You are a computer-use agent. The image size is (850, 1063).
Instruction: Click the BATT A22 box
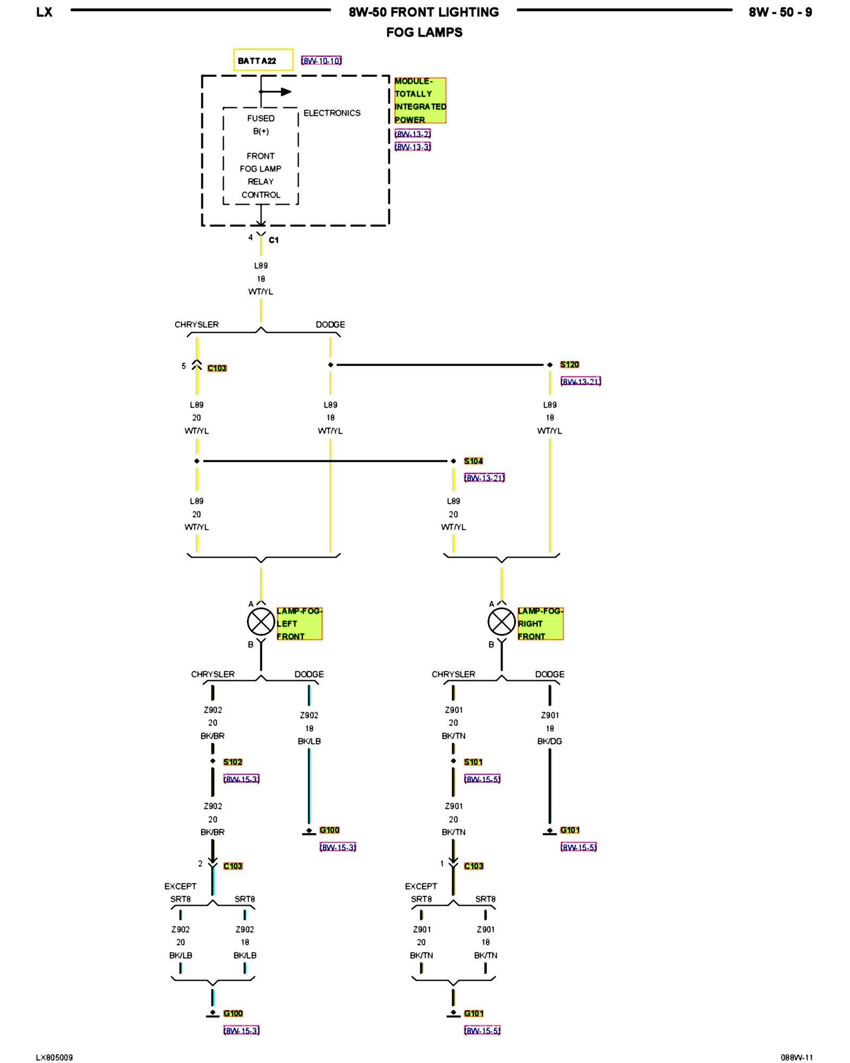point(263,60)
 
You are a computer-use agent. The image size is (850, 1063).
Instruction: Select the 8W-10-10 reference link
point(321,61)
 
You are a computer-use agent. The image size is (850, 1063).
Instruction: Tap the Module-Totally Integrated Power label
point(420,100)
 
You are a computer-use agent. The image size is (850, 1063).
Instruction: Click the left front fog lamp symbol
point(261,622)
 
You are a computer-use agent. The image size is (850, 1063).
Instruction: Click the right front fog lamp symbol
point(501,622)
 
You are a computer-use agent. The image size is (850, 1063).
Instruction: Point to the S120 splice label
point(569,365)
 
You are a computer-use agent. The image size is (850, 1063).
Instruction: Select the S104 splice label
point(473,461)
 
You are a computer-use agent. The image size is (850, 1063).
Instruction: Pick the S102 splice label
point(233,762)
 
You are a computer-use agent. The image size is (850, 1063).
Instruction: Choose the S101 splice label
point(473,762)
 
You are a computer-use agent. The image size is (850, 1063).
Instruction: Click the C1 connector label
point(274,240)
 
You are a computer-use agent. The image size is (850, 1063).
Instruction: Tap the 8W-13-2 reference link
point(413,134)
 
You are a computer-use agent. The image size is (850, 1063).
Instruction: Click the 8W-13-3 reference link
point(413,147)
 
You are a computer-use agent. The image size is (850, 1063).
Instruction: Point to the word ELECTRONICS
point(332,113)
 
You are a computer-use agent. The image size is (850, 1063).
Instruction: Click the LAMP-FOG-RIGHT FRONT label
point(540,623)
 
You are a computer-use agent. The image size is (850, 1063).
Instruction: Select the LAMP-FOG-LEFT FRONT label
point(300,623)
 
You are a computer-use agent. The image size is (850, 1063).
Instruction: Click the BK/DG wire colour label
point(550,741)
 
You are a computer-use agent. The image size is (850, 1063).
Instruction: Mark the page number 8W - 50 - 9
point(780,12)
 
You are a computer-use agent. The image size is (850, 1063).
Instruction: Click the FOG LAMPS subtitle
point(424,32)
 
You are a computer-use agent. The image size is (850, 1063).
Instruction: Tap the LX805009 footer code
point(55,1057)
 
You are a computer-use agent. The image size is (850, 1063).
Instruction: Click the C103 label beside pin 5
point(217,368)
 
